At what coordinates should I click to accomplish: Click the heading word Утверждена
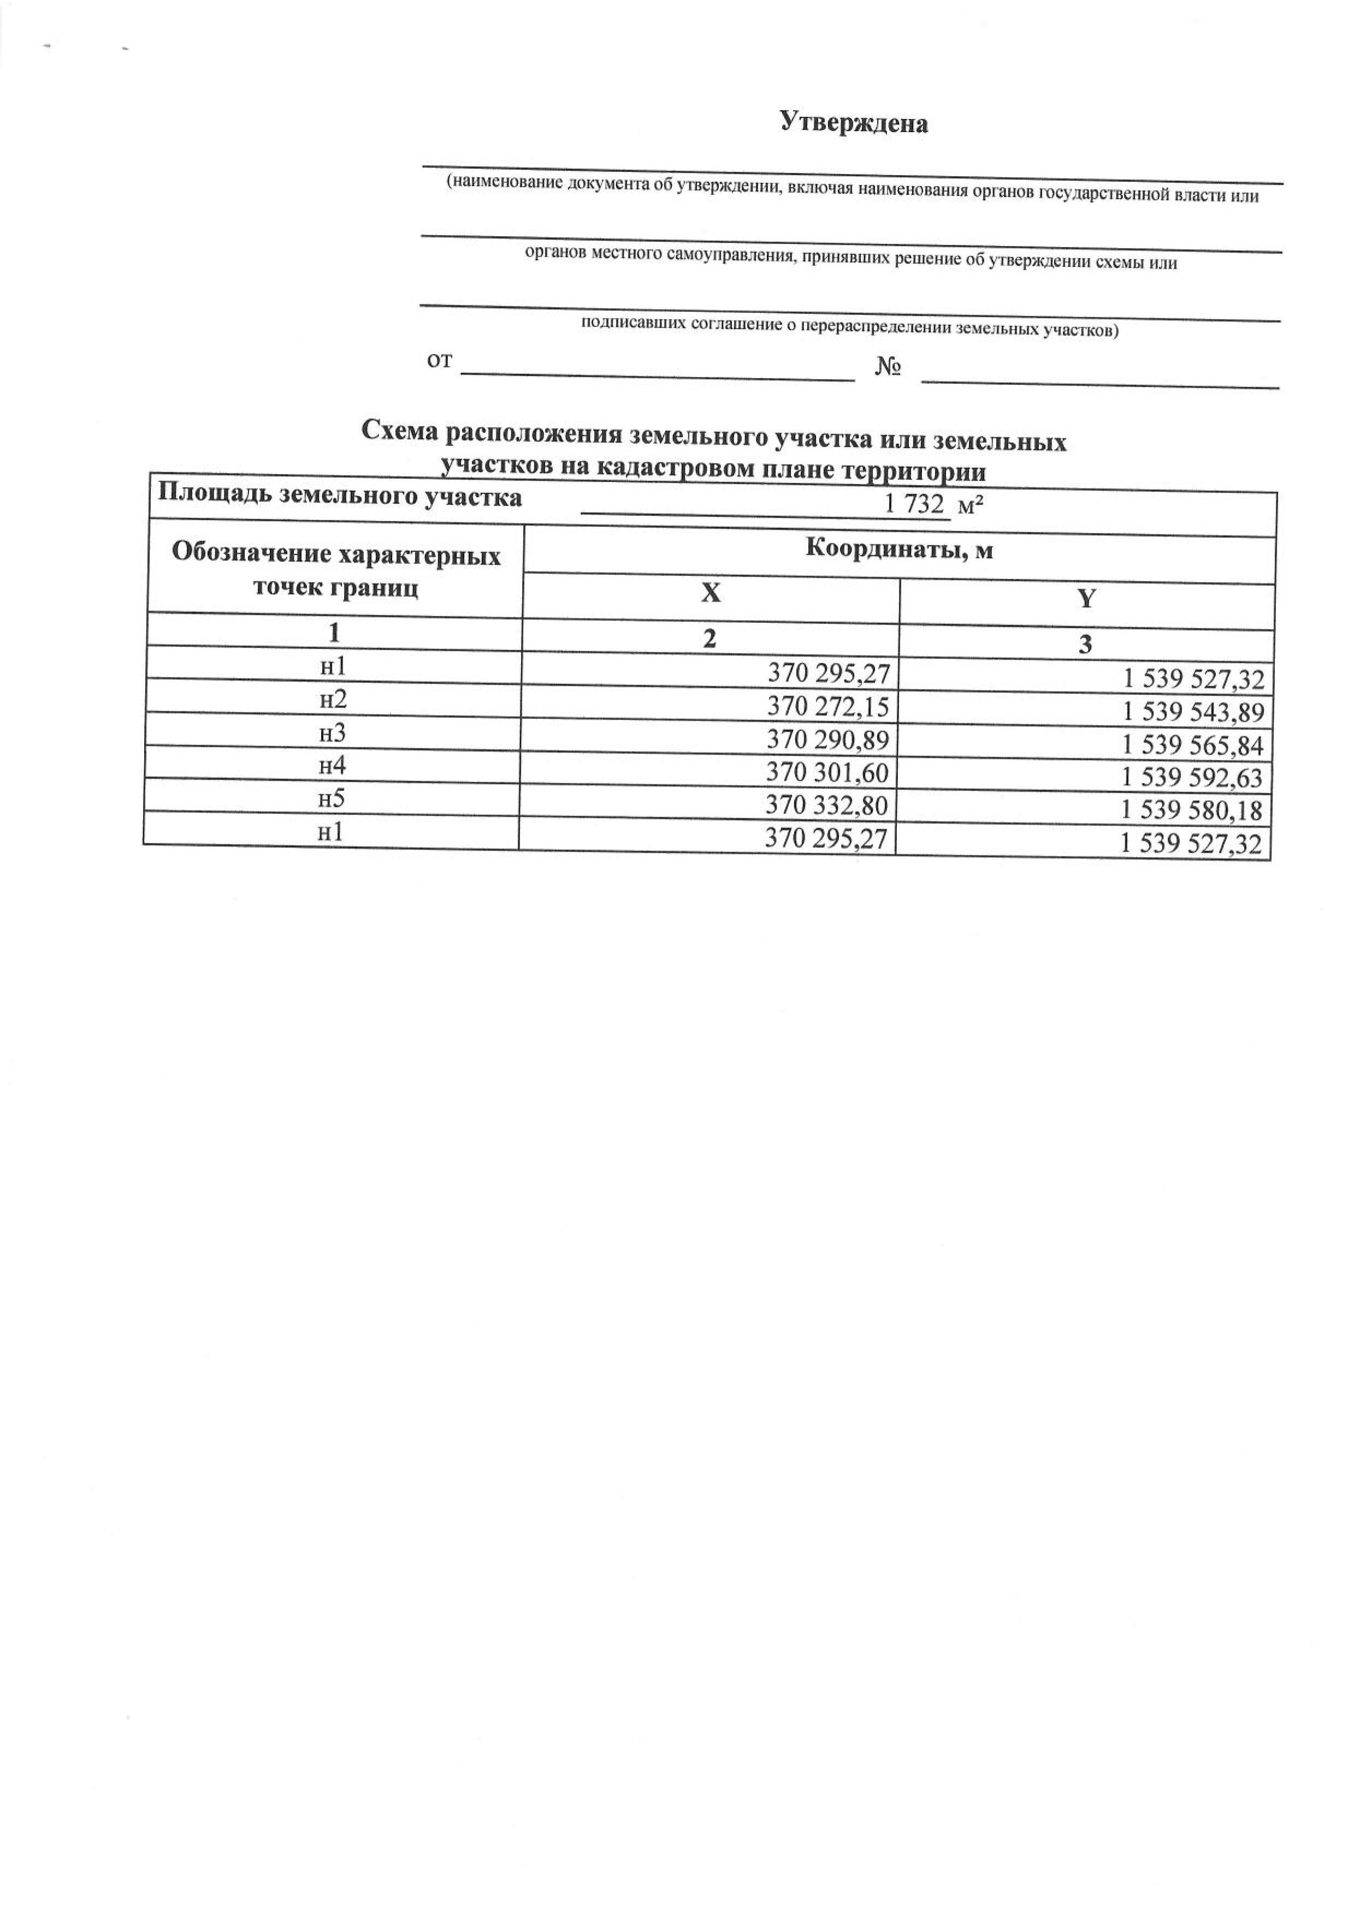click(x=854, y=123)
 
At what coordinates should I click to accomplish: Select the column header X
click(x=710, y=592)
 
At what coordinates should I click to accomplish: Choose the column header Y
click(x=1086, y=599)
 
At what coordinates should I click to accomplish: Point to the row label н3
click(x=333, y=733)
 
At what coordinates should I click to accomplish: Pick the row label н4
click(x=332, y=766)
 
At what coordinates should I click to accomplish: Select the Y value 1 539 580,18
click(x=1192, y=811)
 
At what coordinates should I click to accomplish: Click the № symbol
click(x=888, y=367)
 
